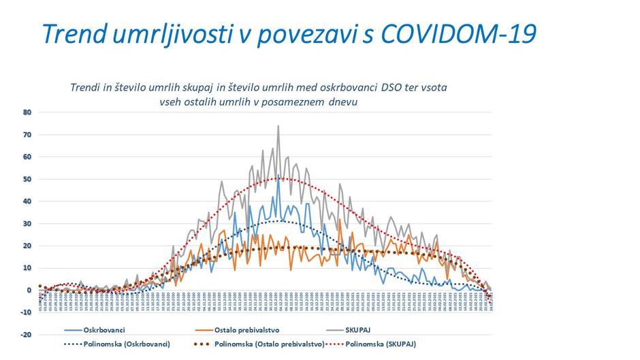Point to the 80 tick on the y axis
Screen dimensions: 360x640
[x=27, y=112]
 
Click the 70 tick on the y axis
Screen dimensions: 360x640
[x=27, y=135]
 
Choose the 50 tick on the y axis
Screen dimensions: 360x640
[x=27, y=179]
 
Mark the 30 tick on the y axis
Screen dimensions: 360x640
[x=27, y=223]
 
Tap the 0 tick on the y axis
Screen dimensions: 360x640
[x=29, y=290]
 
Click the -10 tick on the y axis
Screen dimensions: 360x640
[x=26, y=312]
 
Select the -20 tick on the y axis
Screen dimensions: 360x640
[x=26, y=335]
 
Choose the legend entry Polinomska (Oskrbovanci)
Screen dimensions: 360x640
[x=127, y=344]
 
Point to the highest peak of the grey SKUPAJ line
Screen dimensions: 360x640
[x=278, y=126]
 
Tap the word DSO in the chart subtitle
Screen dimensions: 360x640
[x=385, y=88]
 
